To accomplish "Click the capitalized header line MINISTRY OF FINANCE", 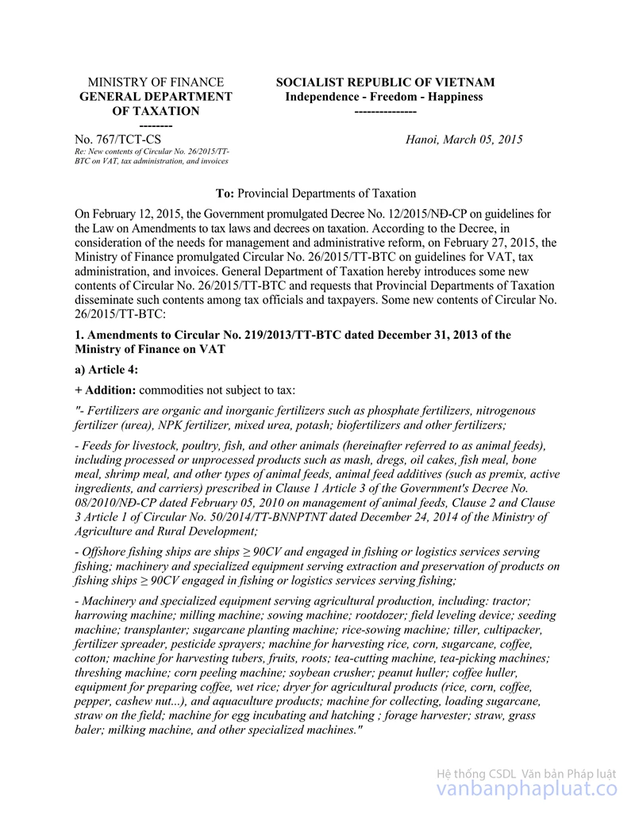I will pyautogui.click(x=156, y=82).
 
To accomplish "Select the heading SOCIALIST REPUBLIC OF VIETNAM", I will pyautogui.click(x=385, y=82).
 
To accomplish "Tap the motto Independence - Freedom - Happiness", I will pyautogui.click(x=384, y=97).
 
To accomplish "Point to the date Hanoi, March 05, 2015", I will pyautogui.click(x=464, y=140).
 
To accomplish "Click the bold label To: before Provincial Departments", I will pyautogui.click(x=225, y=194).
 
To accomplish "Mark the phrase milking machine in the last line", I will pyautogui.click(x=150, y=730).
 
